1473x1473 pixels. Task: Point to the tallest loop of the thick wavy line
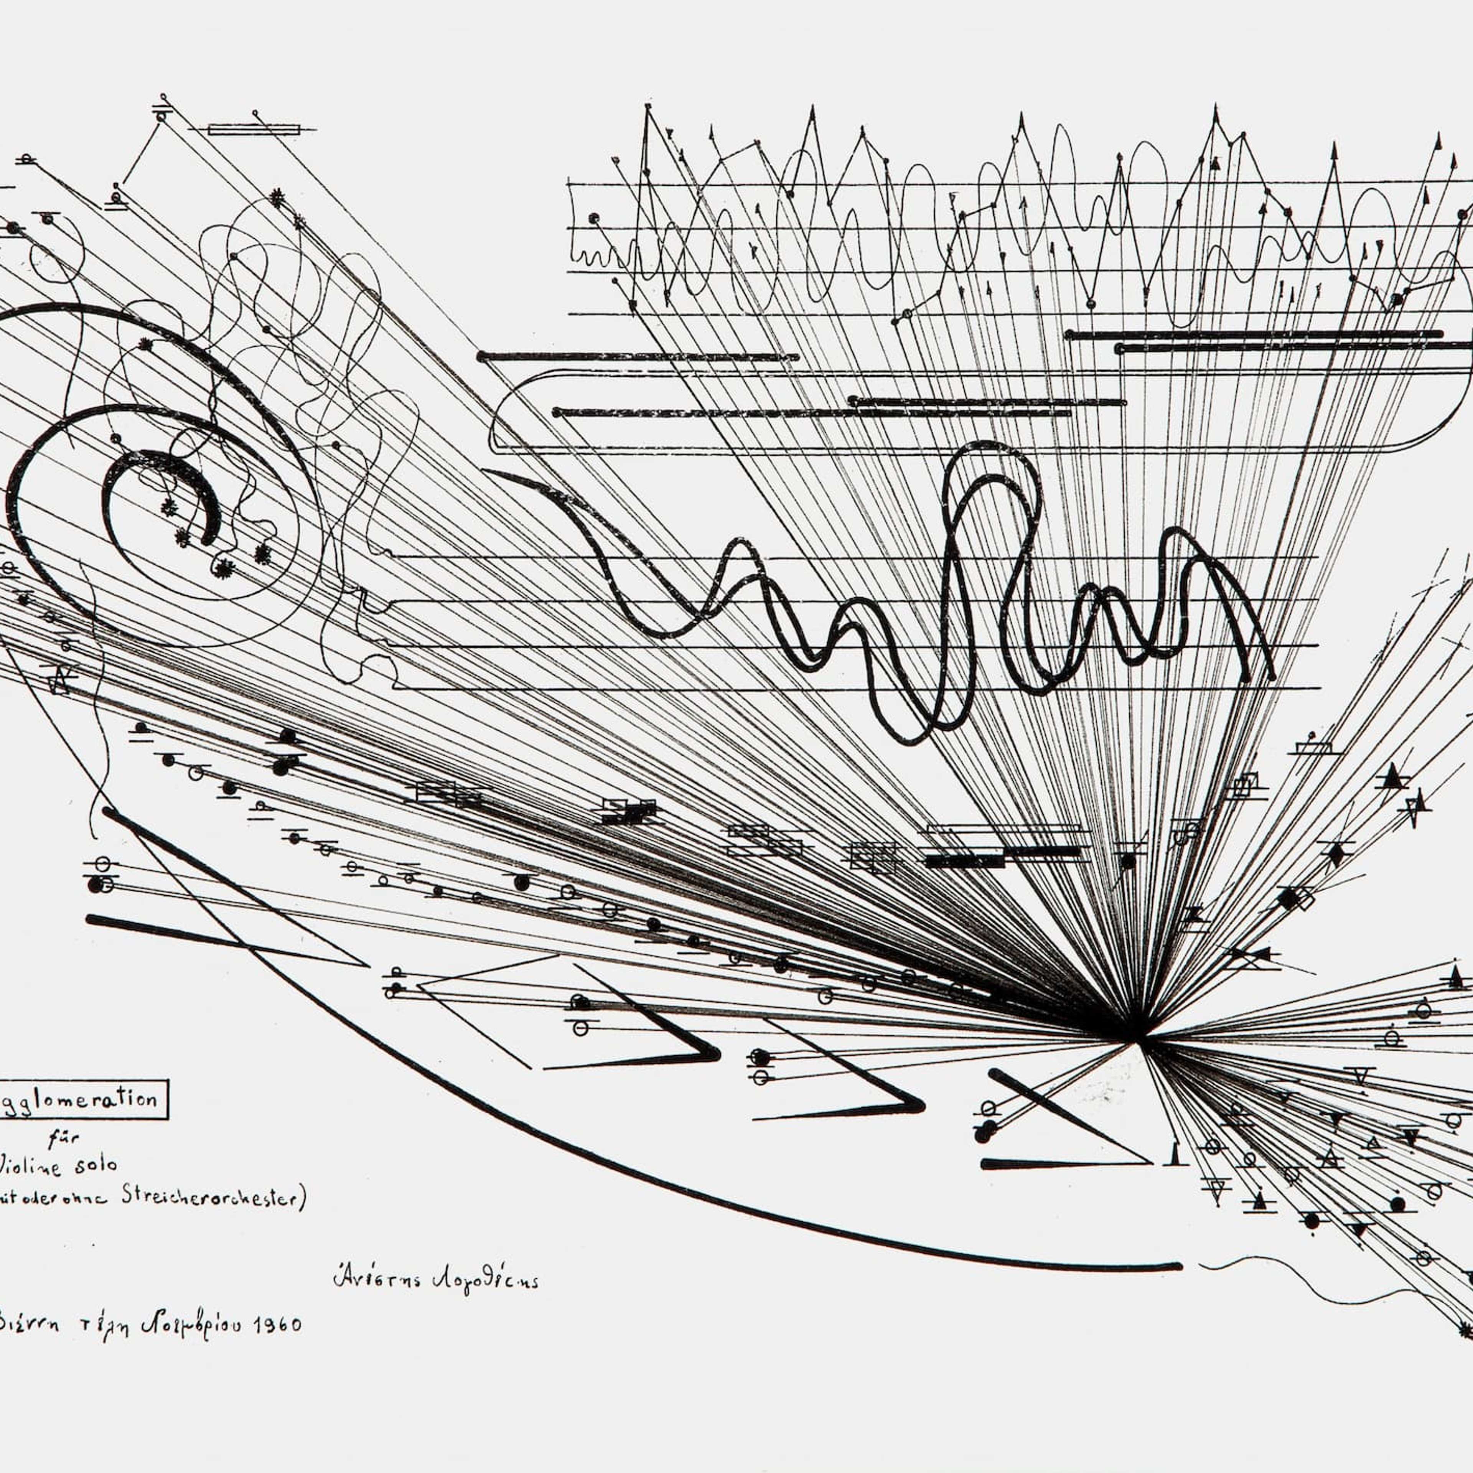tap(991, 458)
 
